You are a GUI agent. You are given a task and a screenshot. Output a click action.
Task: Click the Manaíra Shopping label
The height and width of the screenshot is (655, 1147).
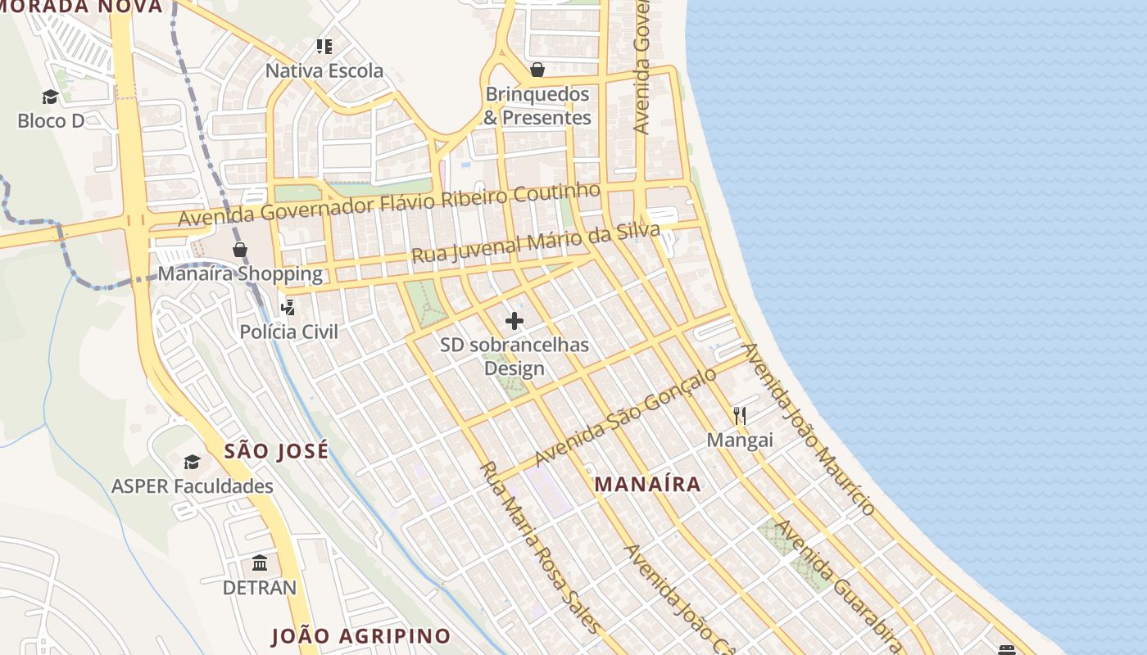(x=239, y=273)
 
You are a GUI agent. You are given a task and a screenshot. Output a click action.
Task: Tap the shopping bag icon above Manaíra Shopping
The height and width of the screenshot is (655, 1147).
(x=239, y=250)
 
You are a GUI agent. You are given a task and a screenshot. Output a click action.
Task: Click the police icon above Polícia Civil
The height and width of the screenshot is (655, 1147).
(x=288, y=308)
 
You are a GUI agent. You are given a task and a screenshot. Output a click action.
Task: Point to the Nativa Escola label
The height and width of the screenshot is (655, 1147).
(x=324, y=71)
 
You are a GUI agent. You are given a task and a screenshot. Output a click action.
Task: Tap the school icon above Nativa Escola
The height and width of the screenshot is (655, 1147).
(x=324, y=47)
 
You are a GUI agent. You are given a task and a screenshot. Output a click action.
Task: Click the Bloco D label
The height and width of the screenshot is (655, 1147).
(x=51, y=121)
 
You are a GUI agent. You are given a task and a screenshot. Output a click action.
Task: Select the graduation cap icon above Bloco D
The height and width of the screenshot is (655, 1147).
(x=51, y=97)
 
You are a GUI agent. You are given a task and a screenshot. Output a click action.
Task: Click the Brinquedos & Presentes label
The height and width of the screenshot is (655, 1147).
(x=537, y=106)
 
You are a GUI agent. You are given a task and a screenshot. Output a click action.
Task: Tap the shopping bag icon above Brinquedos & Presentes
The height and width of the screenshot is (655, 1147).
(x=537, y=70)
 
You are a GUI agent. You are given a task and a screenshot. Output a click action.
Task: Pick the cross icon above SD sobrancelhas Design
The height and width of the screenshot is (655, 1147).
(x=515, y=321)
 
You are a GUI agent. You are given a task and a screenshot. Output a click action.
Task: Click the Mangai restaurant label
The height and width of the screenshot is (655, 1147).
(x=740, y=440)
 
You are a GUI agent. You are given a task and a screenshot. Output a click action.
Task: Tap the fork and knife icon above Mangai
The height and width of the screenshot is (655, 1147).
(x=740, y=416)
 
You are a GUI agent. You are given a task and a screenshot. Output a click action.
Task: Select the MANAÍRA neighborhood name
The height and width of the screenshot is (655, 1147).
(x=647, y=484)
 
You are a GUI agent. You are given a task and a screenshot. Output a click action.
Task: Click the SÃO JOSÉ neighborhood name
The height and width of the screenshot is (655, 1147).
(x=276, y=450)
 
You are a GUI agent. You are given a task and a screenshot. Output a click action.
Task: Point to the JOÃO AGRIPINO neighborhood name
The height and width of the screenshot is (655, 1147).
(x=360, y=636)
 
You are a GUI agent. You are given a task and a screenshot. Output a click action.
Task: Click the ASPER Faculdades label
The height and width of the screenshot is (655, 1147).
(x=193, y=486)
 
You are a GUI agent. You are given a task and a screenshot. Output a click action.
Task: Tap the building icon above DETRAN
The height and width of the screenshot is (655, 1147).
(x=260, y=563)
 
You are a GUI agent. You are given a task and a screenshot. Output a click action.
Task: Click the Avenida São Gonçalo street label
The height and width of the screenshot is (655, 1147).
(x=625, y=416)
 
